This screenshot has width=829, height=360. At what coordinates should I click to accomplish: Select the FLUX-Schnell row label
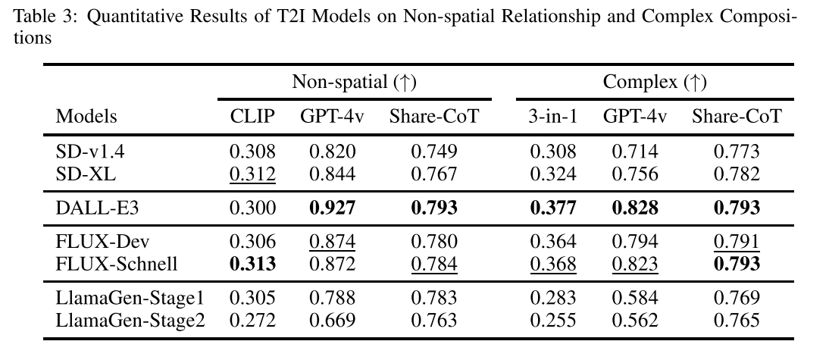[116, 265]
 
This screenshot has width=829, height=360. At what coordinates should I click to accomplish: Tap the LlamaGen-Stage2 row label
[130, 321]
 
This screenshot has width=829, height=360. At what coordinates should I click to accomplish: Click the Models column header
[86, 116]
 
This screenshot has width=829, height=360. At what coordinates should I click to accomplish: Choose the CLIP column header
[252, 116]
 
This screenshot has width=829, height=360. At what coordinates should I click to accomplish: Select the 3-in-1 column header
[552, 116]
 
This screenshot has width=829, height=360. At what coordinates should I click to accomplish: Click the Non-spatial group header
[355, 82]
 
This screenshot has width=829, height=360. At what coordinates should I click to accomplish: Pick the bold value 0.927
[333, 208]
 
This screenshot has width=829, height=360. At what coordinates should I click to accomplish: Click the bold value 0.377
[552, 208]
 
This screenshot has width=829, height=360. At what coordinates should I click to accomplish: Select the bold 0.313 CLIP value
[252, 265]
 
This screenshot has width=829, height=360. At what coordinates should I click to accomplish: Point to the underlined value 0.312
[252, 174]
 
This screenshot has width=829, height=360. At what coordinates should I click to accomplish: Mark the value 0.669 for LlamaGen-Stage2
[333, 321]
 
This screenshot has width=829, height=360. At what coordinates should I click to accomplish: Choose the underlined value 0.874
[333, 242]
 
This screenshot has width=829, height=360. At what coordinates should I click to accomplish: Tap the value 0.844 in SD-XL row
[333, 174]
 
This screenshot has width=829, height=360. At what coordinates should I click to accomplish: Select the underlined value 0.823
[635, 265]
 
